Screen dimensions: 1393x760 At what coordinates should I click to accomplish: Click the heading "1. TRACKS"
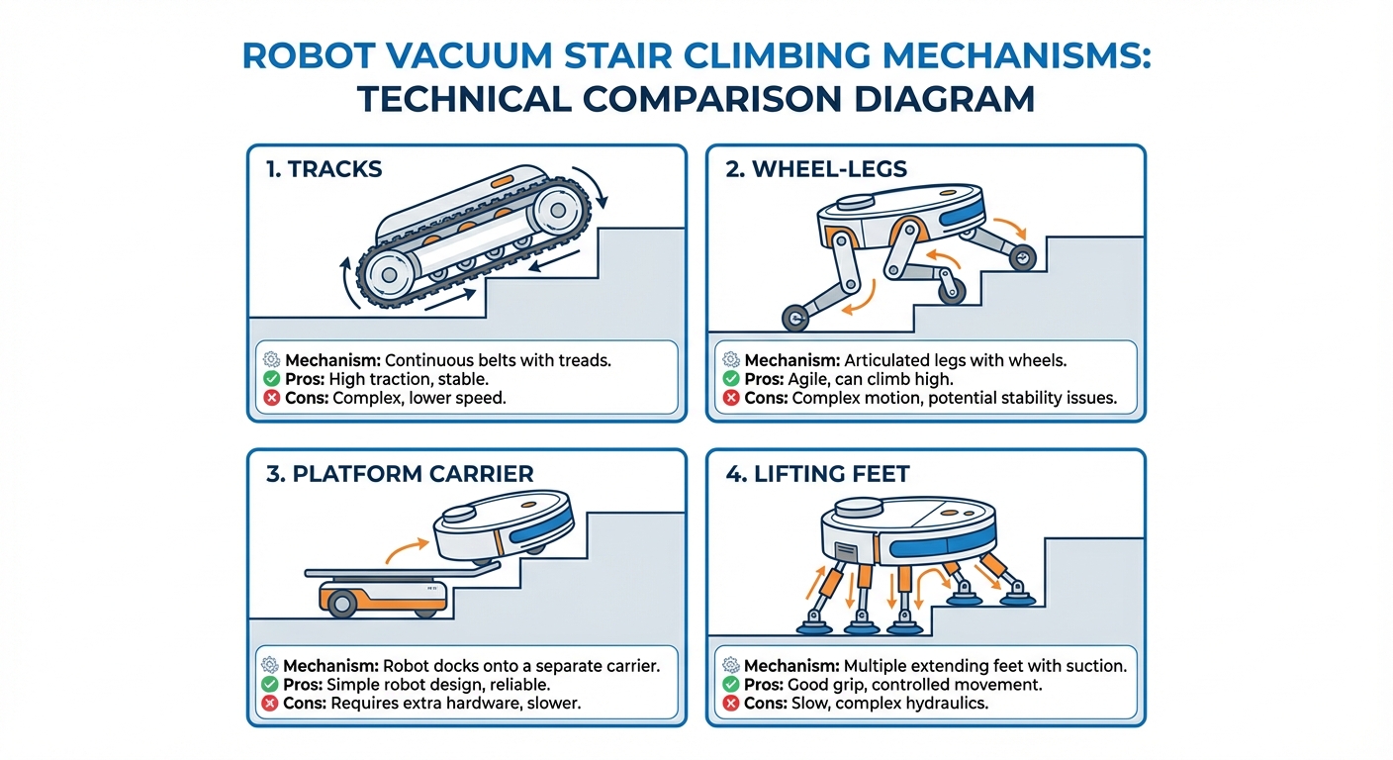[x=324, y=169]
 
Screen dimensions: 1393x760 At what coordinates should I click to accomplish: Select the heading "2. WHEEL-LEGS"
[x=816, y=169]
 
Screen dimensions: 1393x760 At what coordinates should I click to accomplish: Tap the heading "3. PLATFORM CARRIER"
[x=400, y=474]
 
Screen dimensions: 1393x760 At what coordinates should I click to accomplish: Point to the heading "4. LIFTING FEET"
[x=817, y=474]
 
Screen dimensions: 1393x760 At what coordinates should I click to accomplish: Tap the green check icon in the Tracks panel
[x=271, y=379]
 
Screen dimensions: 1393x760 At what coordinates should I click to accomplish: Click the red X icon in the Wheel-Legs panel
[x=731, y=398]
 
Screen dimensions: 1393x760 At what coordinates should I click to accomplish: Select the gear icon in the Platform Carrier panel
[x=269, y=665]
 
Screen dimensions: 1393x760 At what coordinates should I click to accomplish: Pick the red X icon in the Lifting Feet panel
[x=731, y=703]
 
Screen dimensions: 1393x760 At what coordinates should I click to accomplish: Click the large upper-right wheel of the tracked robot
[x=557, y=211]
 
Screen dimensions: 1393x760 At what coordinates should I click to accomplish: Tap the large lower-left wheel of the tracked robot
[x=390, y=275]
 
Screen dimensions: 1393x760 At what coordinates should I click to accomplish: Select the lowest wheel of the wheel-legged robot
[x=794, y=319]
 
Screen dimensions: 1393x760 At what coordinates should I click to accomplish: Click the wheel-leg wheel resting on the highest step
[x=1022, y=257]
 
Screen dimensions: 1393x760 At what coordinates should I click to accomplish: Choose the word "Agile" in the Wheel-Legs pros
[x=807, y=379]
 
